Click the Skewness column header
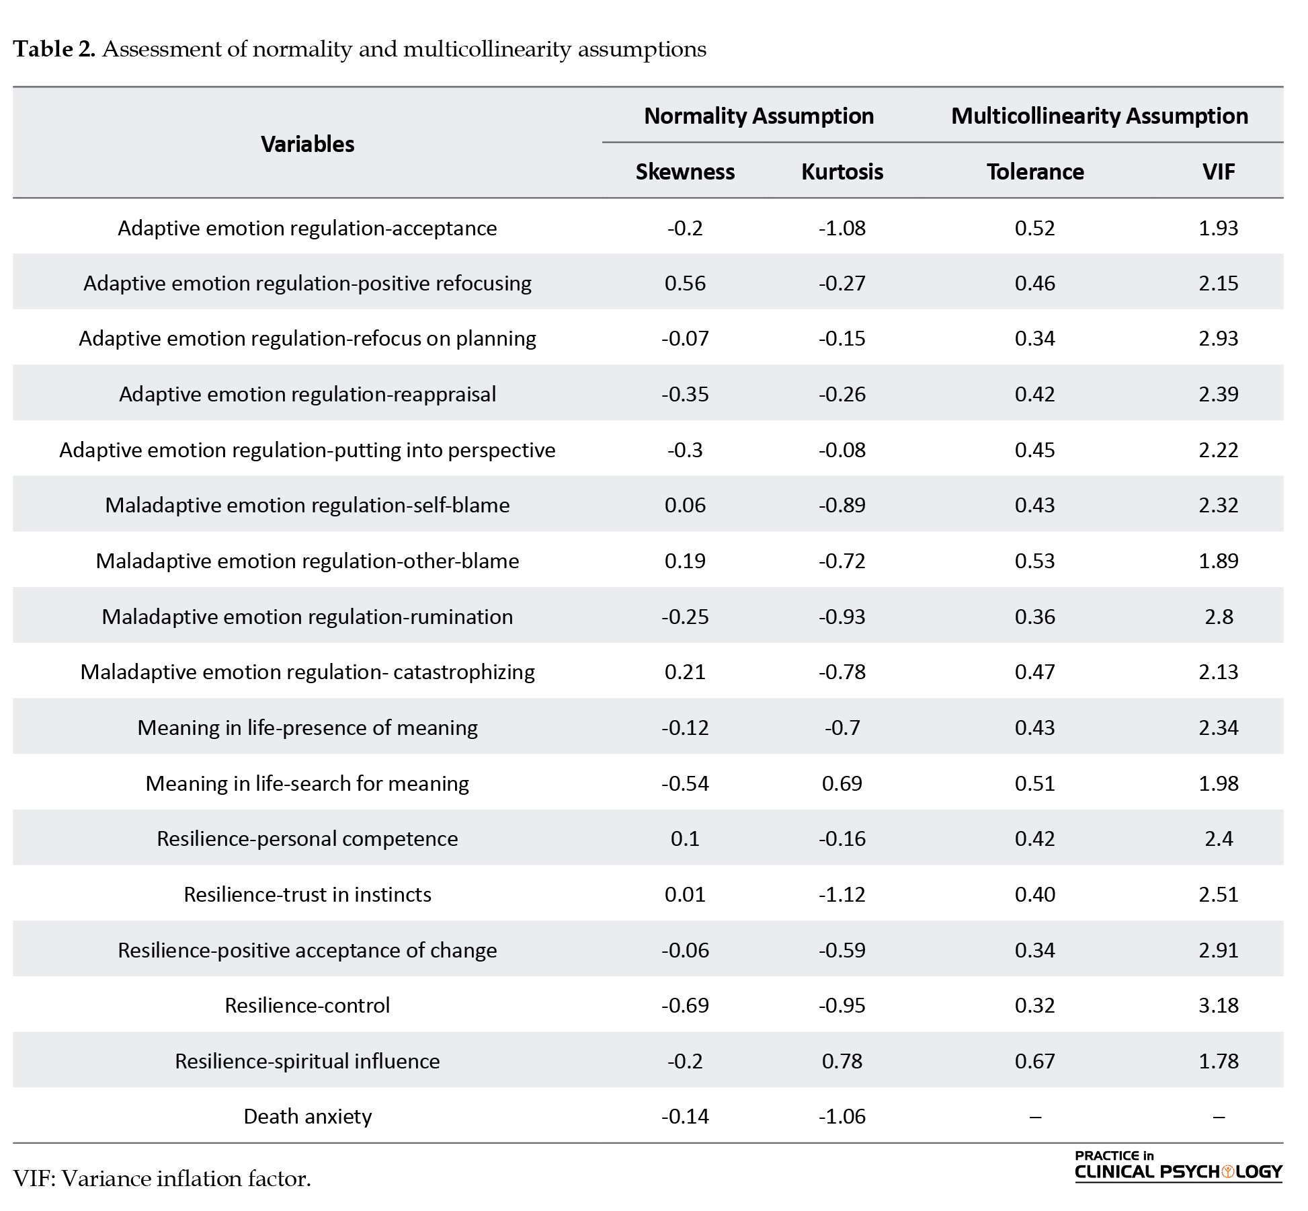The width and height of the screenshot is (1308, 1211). pos(685,171)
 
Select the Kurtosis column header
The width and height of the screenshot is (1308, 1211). pos(842,171)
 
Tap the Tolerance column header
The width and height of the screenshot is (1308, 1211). pos(1035,171)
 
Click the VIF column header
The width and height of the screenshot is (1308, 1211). pos(1219,171)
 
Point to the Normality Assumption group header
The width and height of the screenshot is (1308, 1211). pos(759,116)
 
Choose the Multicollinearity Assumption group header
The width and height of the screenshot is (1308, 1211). pos(1100,116)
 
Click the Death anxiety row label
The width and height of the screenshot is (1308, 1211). pos(308,1116)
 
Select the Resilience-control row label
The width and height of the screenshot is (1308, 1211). pos(308,1005)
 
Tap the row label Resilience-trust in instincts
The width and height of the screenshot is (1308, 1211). pos(308,894)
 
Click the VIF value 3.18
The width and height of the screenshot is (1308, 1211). pos(1219,1005)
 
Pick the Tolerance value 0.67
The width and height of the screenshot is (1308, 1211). pos(1035,1061)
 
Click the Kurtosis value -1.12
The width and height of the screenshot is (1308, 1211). pos(842,894)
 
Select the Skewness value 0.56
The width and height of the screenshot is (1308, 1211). pos(685,283)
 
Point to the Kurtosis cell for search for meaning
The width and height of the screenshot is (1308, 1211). pos(842,783)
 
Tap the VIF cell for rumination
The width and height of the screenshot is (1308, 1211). pos(1219,617)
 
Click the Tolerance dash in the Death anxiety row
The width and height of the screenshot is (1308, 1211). pos(1035,1117)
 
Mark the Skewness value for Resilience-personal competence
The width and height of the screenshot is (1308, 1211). pos(685,838)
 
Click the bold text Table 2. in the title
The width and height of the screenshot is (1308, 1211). pos(54,49)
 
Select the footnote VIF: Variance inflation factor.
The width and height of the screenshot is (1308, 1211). pos(162,1179)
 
